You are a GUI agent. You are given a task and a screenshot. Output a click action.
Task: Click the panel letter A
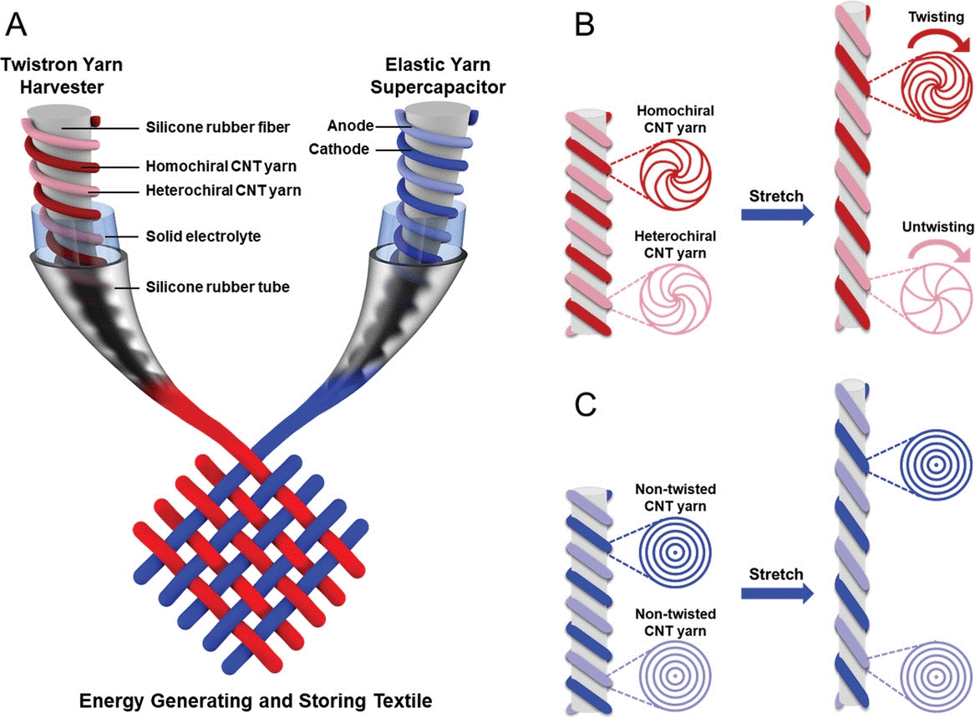click(x=18, y=23)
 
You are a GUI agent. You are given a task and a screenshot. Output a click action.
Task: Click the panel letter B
click(x=585, y=25)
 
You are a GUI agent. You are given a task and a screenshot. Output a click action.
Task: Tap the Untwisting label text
click(x=931, y=227)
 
